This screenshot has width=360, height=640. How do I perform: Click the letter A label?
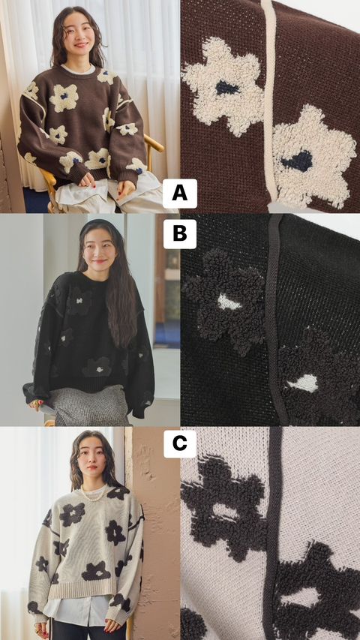(x=179, y=194)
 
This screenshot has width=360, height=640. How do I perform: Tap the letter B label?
(x=179, y=234)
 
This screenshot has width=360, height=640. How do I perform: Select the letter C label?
(x=179, y=443)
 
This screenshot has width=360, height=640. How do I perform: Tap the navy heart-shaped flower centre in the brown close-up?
(x=298, y=161)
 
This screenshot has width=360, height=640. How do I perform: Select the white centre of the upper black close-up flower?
(x=229, y=302)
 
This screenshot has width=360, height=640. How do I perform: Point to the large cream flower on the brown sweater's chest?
(x=64, y=98)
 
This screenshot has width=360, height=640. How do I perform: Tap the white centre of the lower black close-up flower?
(x=302, y=383)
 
